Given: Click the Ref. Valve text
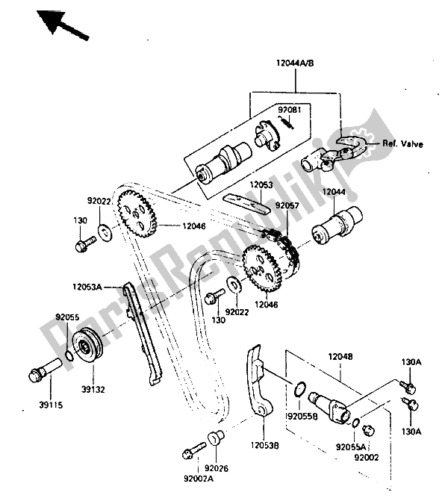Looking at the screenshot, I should pyautogui.click(x=402, y=143).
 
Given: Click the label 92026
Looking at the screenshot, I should pyautogui.click(x=217, y=468).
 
